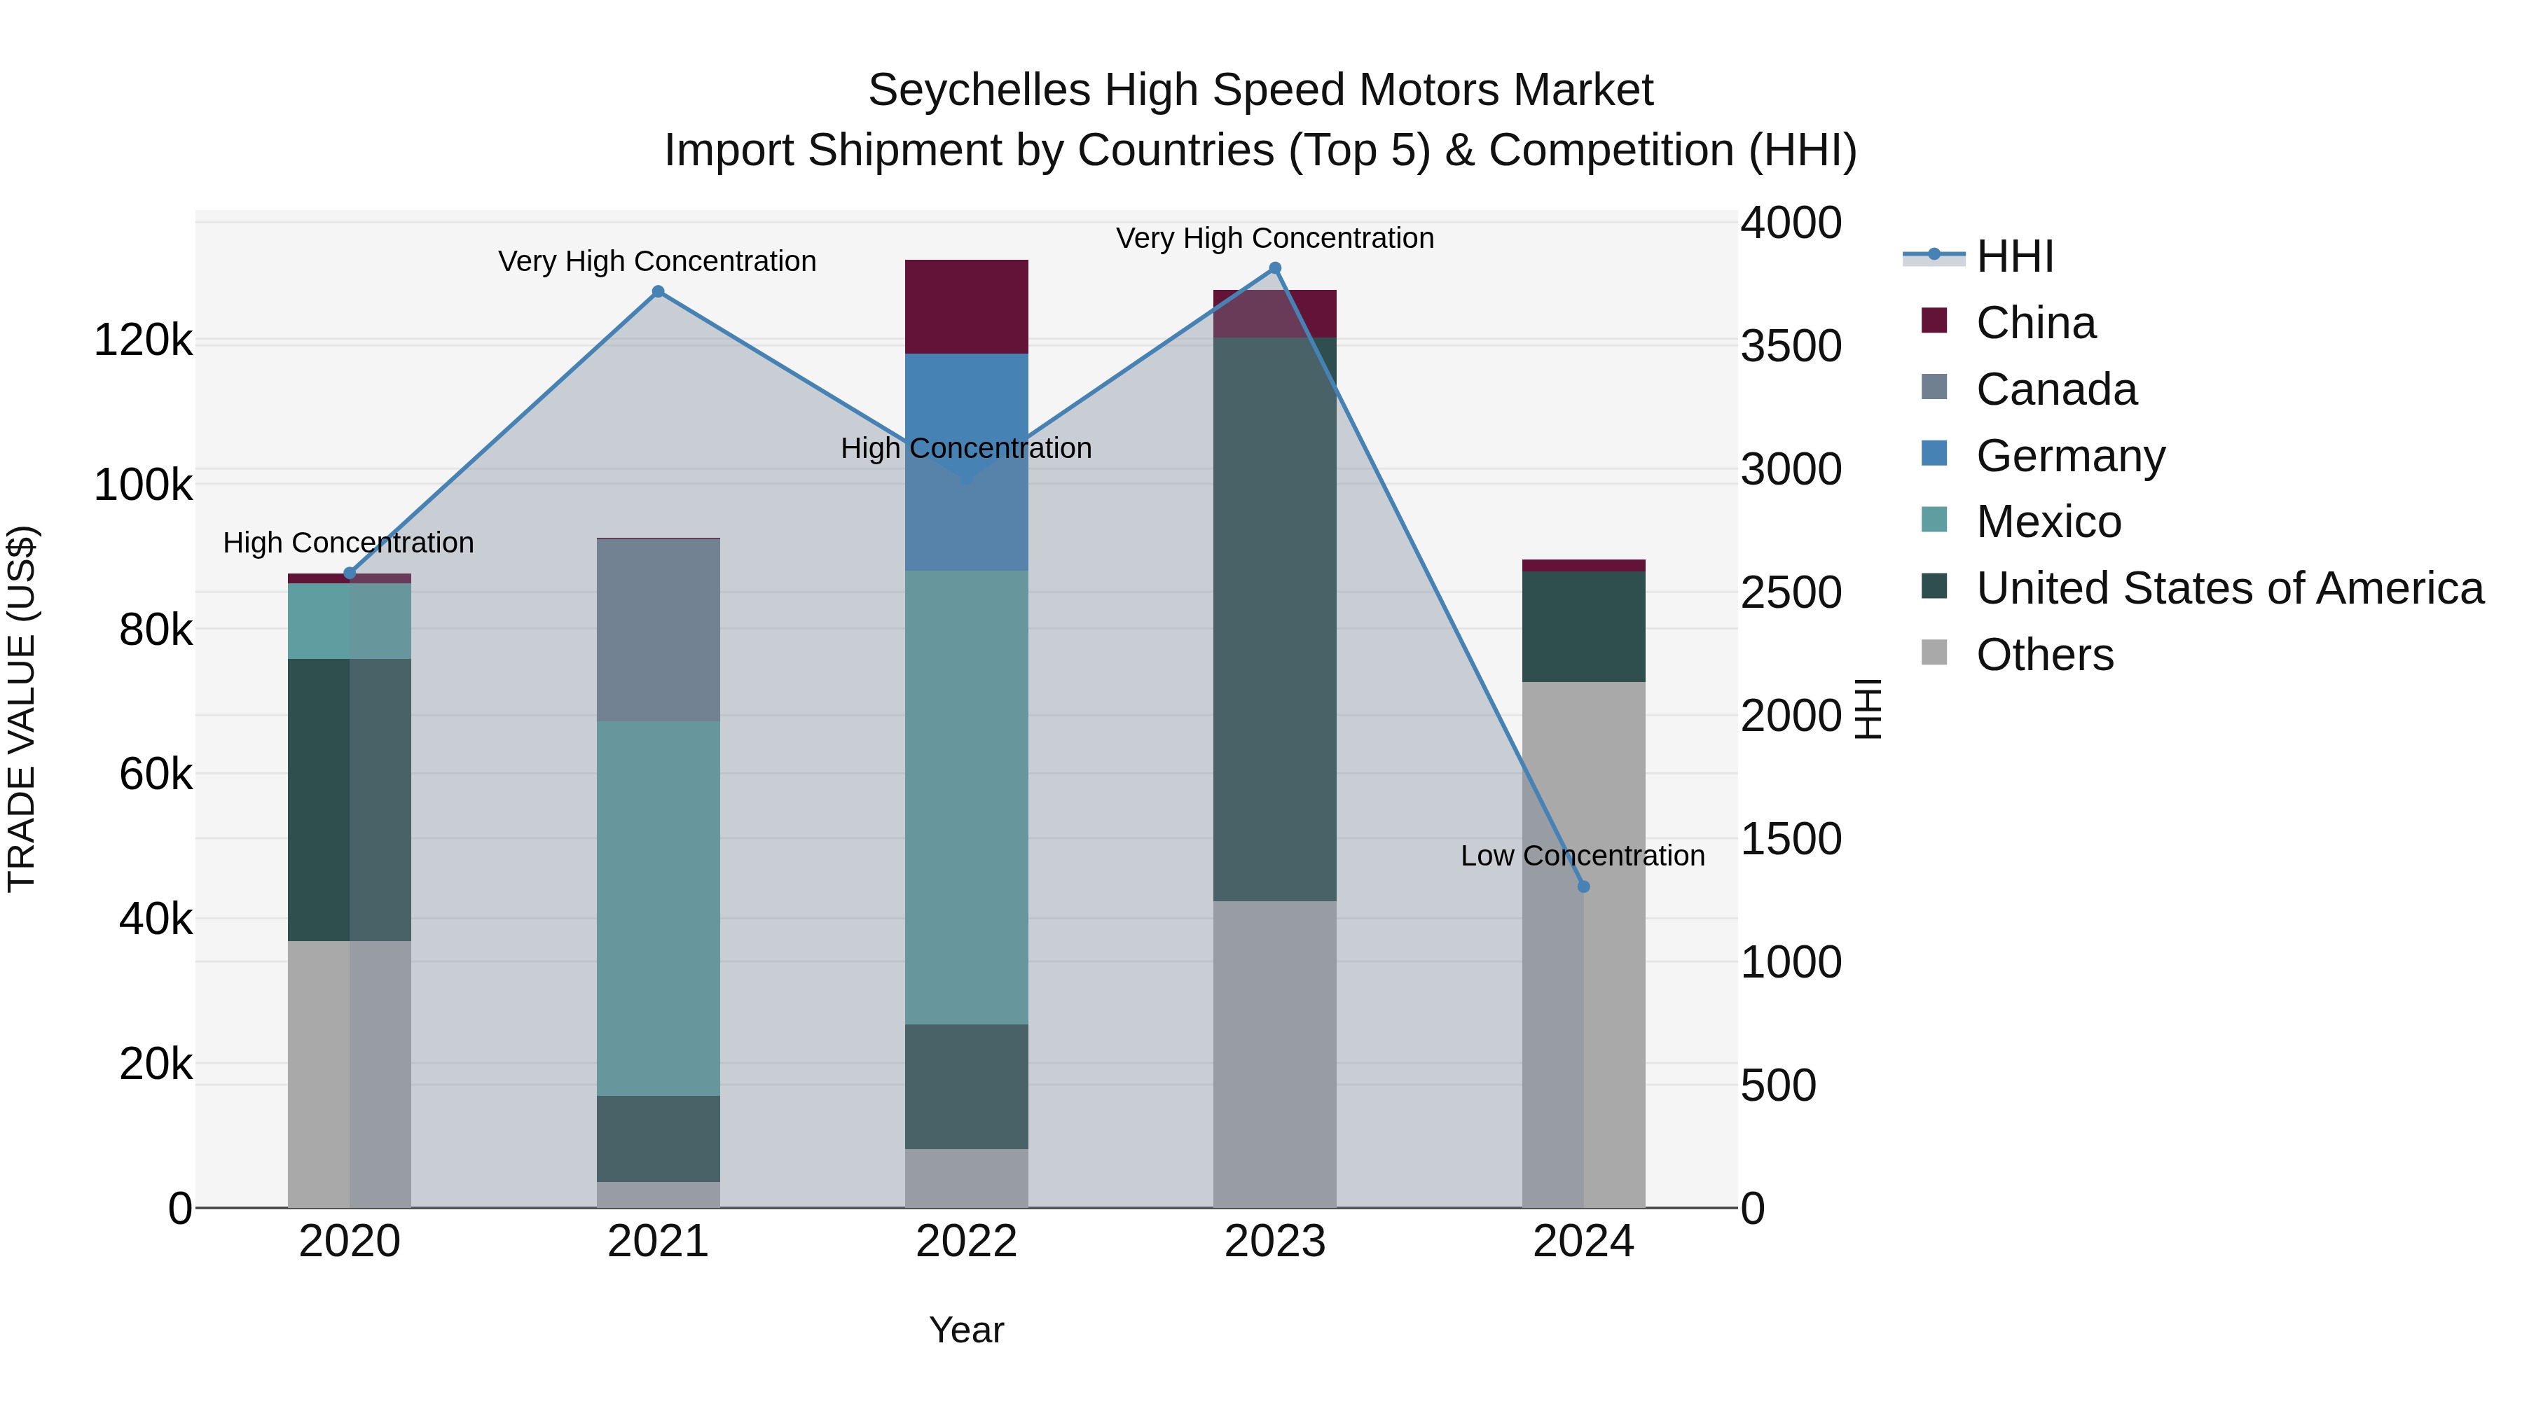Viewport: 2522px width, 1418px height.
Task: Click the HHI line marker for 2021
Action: pyautogui.click(x=658, y=291)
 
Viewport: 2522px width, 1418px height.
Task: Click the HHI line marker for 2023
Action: pyautogui.click(x=1275, y=268)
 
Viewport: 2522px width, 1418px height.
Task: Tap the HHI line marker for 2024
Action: pyautogui.click(x=1583, y=887)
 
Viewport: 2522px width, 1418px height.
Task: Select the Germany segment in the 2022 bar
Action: pyautogui.click(x=966, y=411)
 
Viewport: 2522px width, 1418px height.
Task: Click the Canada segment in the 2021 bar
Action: pyautogui.click(x=658, y=630)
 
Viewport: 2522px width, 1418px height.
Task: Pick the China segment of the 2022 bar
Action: pyautogui.click(x=966, y=306)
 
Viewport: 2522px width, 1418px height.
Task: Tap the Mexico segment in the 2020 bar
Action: pyautogui.click(x=349, y=620)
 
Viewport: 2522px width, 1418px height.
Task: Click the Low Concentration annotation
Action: pyautogui.click(x=1582, y=856)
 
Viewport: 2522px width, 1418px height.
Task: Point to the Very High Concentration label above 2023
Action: pyautogui.click(x=1275, y=239)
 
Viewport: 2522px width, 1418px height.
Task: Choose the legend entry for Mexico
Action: pyautogui.click(x=2048, y=522)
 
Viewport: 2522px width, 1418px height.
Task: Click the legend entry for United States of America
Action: pyautogui.click(x=2229, y=588)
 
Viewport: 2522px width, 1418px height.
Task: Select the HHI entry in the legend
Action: pyautogui.click(x=2014, y=256)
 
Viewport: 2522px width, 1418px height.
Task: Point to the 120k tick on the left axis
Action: pyautogui.click(x=143, y=342)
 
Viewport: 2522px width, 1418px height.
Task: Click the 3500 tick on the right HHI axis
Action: pyautogui.click(x=1791, y=347)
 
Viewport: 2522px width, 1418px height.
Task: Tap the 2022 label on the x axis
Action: pyautogui.click(x=966, y=1242)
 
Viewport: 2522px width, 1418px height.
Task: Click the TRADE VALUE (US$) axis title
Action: pyautogui.click(x=22, y=709)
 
